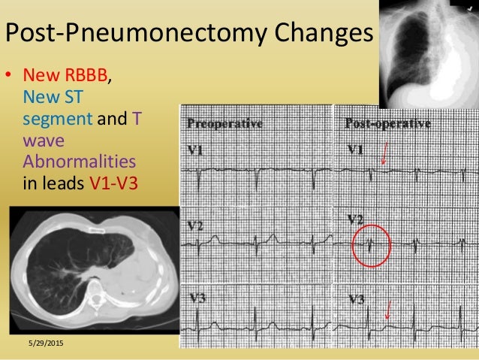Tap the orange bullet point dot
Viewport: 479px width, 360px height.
pos(10,76)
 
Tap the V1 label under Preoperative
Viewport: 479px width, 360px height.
pos(194,152)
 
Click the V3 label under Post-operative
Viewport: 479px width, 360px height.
pos(357,298)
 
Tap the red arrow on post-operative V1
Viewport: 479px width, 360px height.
pos(384,154)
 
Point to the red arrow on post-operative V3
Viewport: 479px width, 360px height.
pos(387,308)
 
